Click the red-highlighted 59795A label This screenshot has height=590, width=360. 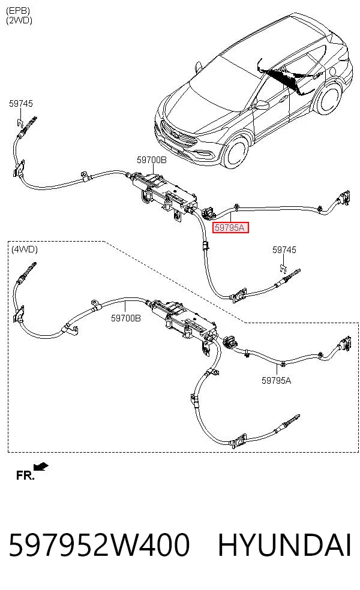pyautogui.click(x=230, y=227)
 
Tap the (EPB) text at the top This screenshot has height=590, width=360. pyautogui.click(x=17, y=11)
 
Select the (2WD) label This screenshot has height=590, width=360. pyautogui.click(x=19, y=20)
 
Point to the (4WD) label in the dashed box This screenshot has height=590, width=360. pyautogui.click(x=25, y=249)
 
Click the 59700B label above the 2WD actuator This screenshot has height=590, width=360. pyautogui.click(x=151, y=160)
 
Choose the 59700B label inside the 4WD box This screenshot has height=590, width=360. pyautogui.click(x=126, y=318)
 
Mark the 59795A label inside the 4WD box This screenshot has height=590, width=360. pyautogui.click(x=277, y=380)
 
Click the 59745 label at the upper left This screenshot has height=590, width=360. pyautogui.click(x=21, y=103)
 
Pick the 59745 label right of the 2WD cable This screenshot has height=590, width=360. pyautogui.click(x=284, y=249)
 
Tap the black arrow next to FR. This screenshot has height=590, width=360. pyautogui.click(x=41, y=467)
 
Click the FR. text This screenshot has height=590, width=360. pyautogui.click(x=25, y=475)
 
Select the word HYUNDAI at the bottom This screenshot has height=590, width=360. pyautogui.click(x=284, y=545)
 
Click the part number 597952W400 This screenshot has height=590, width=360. pyautogui.click(x=99, y=545)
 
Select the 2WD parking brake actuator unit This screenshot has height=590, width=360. pyautogui.click(x=163, y=193)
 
